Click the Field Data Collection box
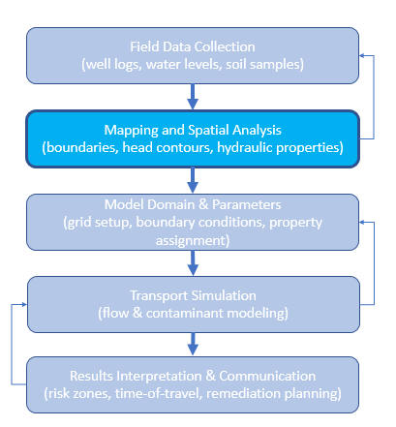click(193, 55)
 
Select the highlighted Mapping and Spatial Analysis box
click(193, 138)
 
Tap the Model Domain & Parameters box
click(193, 222)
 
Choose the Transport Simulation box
click(194, 304)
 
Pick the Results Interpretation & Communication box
click(193, 384)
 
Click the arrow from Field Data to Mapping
click(193, 97)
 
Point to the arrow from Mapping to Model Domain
click(193, 180)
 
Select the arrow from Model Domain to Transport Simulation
click(193, 263)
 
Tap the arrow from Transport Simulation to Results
click(193, 345)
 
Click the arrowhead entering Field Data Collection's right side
click(362, 55)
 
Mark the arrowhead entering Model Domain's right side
click(362, 222)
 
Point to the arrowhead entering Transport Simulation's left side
click(24, 304)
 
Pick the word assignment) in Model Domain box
click(193, 240)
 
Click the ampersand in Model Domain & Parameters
click(203, 204)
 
